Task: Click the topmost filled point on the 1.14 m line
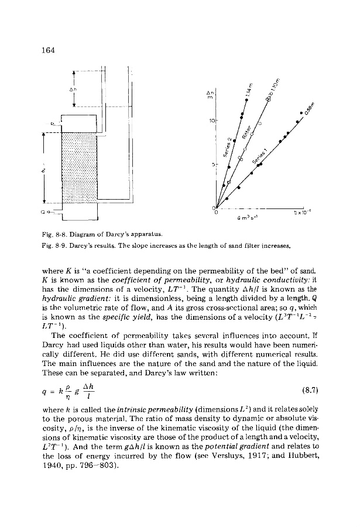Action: click(x=246, y=100)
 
